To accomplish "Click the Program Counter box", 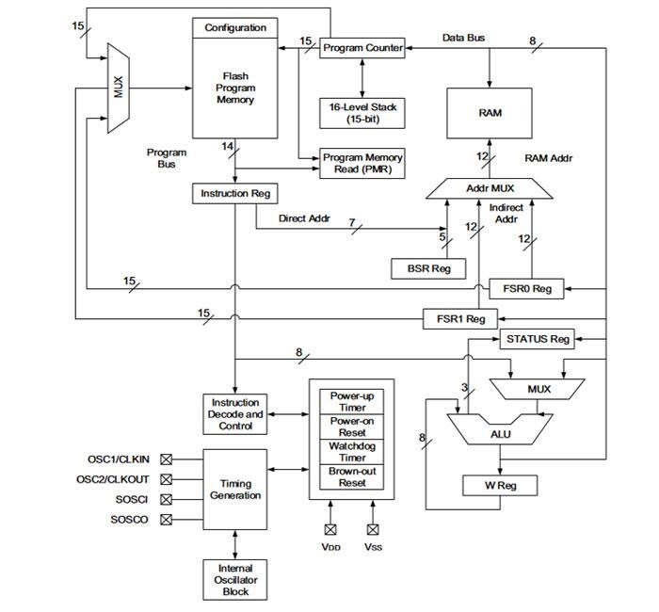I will pos(362,48).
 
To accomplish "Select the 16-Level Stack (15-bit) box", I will pos(362,114).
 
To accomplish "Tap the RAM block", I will pos(490,112).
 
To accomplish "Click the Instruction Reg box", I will pos(234,193).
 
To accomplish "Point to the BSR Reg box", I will pos(428,268).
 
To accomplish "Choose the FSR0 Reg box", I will pos(527,288).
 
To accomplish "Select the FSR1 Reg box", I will pos(461,318).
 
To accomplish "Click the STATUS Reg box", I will pos(538,338).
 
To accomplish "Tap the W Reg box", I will pos(499,485).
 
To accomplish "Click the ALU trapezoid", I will pos(500,434).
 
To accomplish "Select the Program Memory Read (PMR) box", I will pos(362,164).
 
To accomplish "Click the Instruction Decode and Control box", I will pos(234,414).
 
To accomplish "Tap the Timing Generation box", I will pos(234,489).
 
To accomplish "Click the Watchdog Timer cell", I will pos(354,451).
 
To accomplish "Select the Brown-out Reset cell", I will pos(354,476).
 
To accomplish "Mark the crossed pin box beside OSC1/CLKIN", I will pos(167,459).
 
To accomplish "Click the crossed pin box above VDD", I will pos(329,530).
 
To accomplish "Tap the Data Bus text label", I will pos(464,38).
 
